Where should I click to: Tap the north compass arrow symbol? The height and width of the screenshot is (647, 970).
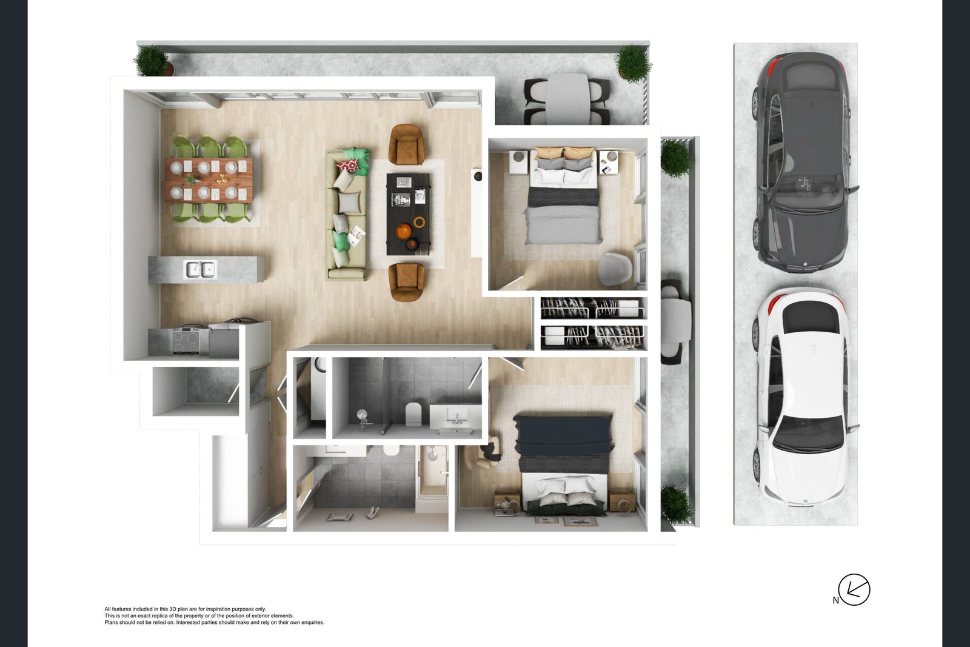854,589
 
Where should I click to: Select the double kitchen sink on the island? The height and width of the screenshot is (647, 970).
201,269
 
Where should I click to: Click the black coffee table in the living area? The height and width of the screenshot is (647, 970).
408,213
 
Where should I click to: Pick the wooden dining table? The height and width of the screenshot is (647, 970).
209,179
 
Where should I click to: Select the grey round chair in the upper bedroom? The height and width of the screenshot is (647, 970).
615,267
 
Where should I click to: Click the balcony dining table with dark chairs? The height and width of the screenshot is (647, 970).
567,99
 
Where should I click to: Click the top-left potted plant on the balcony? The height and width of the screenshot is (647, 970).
151,61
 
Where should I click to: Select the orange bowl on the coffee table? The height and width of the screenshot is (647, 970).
404,232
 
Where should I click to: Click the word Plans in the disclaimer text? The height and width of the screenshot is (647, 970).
111,622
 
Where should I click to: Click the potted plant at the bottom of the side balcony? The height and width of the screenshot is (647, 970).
676,505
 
